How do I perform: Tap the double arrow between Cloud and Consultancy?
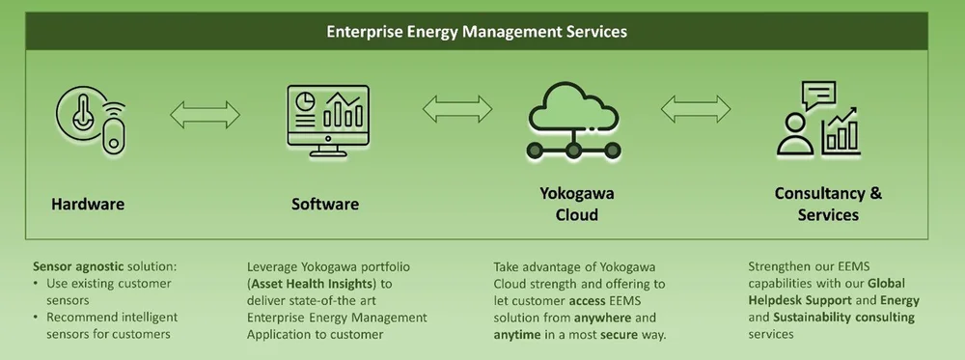(x=695, y=106)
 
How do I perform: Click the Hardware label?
(x=88, y=204)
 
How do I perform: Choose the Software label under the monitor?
(x=325, y=204)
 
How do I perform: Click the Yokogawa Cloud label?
(x=576, y=204)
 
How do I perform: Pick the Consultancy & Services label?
(x=828, y=204)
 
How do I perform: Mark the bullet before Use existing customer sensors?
(x=36, y=284)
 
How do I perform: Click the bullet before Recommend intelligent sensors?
(x=36, y=318)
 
